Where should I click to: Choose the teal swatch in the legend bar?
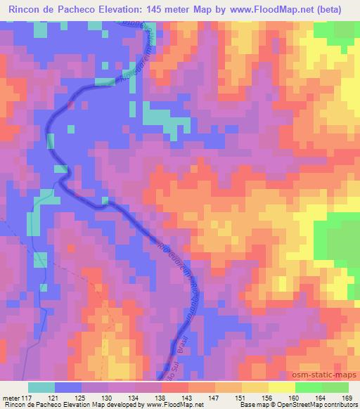click(41, 387)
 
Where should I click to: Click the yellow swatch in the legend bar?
click(282, 387)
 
